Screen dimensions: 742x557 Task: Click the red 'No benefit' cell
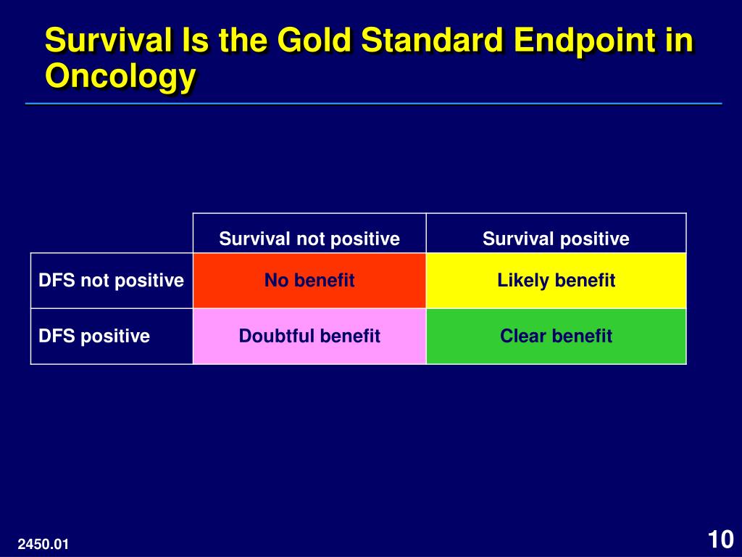309,281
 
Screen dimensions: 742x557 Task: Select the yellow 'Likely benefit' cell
556,281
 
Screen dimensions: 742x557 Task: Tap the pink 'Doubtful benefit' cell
309,337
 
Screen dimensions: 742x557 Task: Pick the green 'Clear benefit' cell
556,337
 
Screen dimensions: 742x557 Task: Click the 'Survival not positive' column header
309,239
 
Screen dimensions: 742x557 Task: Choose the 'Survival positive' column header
556,239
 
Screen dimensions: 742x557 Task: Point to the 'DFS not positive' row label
111,281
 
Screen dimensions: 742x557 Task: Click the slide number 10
720,540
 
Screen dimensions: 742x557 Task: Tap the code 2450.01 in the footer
43,544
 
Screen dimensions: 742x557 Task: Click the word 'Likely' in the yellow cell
522,281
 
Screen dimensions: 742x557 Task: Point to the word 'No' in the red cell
276,281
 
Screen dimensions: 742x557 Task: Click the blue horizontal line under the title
374,103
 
